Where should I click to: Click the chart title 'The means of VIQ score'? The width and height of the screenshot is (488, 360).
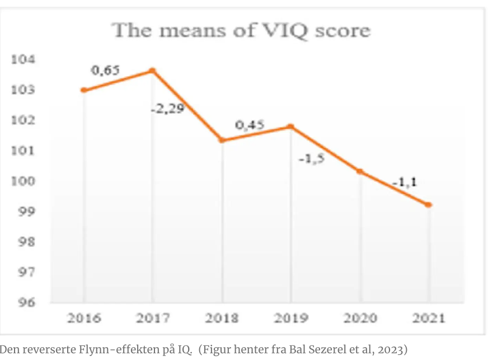242,30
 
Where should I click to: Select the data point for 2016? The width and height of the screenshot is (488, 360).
83,90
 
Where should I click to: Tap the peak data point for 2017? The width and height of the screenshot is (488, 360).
152,71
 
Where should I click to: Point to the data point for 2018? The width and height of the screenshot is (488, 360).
222,140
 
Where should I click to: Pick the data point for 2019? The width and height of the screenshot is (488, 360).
291,127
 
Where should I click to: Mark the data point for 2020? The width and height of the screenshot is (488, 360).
360,171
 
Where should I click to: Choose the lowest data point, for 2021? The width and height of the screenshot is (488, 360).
429,205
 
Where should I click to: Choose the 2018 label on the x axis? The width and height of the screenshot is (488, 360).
222,319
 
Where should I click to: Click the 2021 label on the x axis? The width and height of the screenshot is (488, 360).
428,319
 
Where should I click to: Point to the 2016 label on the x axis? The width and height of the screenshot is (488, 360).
84,319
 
